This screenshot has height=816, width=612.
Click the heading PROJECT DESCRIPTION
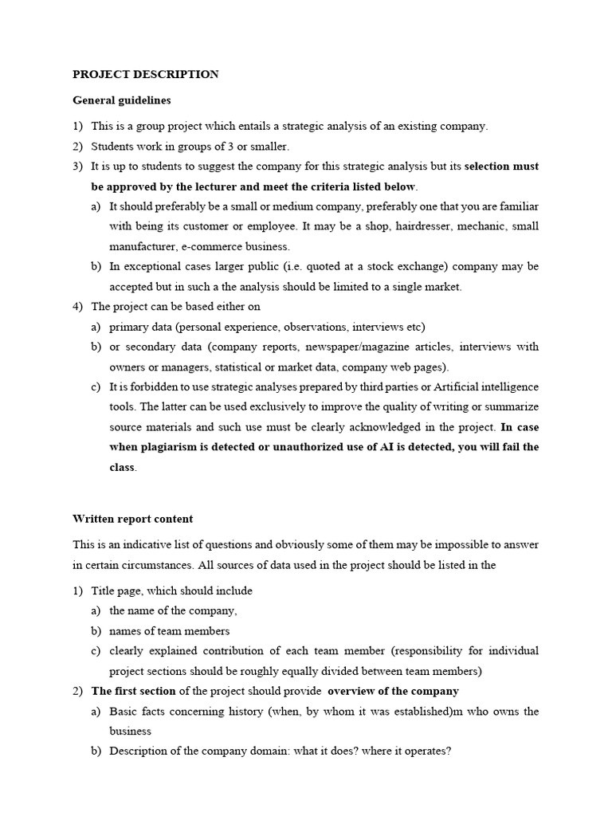145,74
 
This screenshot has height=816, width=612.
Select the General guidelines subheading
121,100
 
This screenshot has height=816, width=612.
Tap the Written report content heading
132,519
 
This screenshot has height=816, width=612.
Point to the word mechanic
483,226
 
